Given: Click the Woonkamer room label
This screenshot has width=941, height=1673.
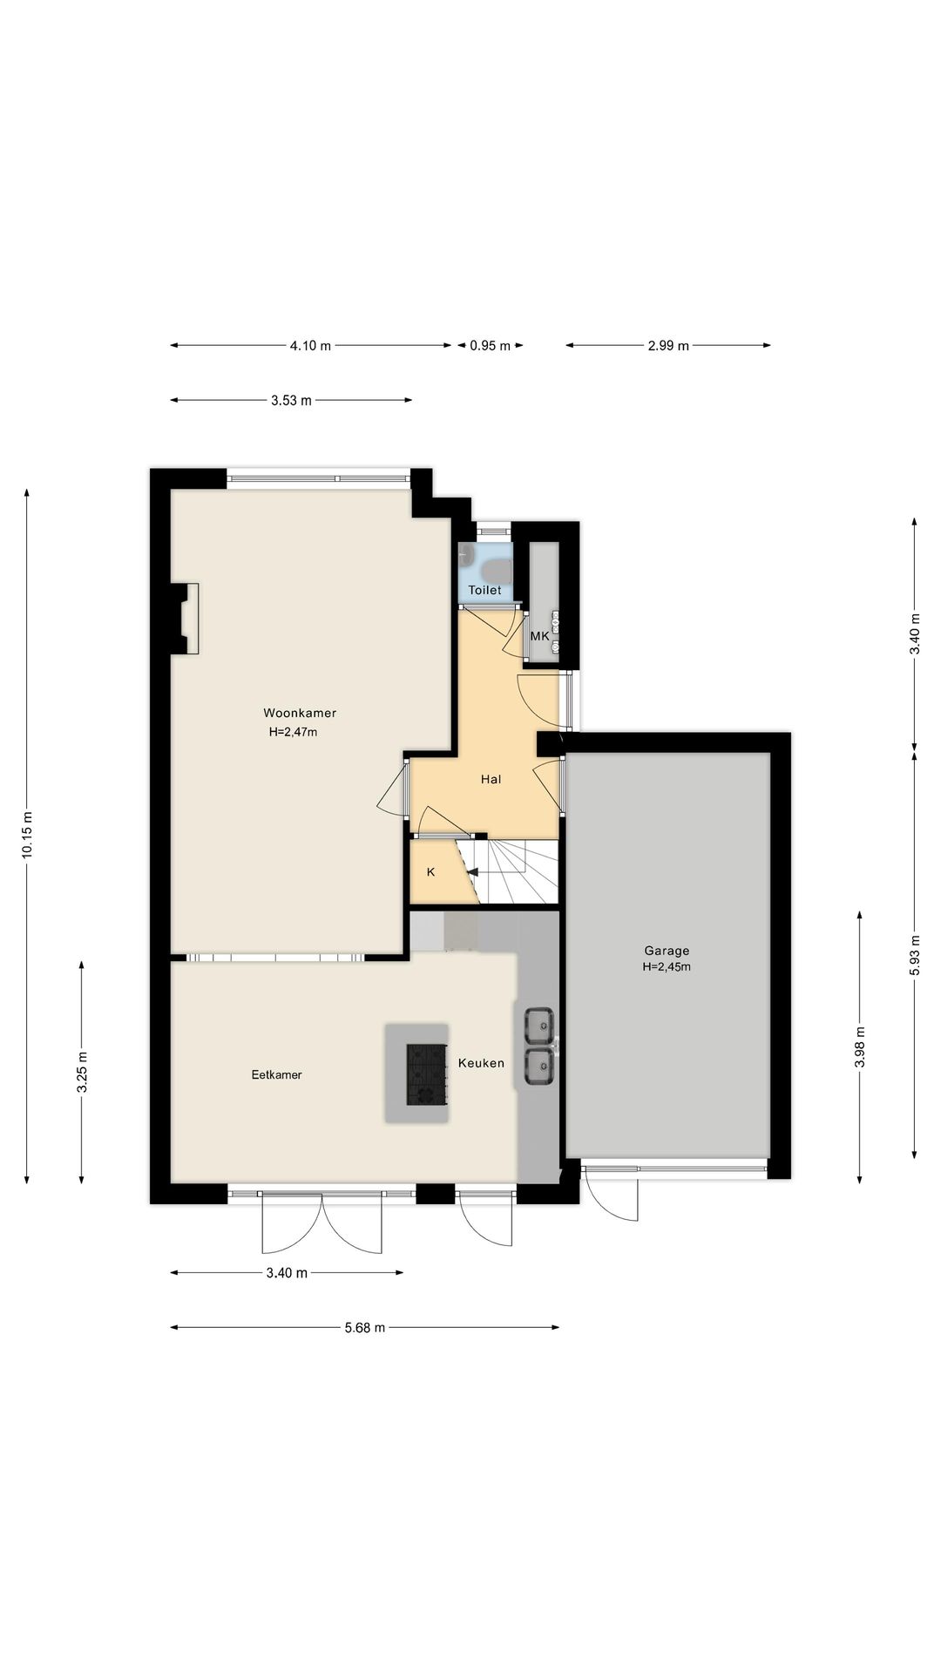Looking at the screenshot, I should (x=300, y=713).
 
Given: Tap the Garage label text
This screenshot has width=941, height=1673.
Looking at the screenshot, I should (x=667, y=951).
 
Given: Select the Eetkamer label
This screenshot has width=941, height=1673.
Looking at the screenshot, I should (x=276, y=1074).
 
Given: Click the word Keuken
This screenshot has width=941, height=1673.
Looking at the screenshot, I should (x=481, y=1062).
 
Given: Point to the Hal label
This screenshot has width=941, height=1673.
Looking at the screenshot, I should (x=491, y=779).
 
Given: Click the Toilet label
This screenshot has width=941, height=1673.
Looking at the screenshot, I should (x=484, y=590).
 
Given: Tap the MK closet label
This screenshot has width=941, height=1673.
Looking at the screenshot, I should (x=539, y=636).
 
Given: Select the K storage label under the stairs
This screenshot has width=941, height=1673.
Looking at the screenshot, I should (x=430, y=871).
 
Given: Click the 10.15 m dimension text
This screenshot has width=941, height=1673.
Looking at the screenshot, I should (x=27, y=835).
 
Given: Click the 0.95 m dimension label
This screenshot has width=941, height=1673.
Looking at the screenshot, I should (x=490, y=345).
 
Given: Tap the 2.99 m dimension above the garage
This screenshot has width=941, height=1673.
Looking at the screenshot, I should (x=668, y=345).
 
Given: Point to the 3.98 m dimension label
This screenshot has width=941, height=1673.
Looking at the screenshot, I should (x=860, y=1046).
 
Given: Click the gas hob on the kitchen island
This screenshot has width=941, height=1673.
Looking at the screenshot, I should (x=427, y=1074).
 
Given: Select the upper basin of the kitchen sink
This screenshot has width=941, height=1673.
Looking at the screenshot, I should (x=539, y=1026).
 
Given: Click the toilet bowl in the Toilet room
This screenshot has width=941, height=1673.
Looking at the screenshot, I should (x=498, y=572).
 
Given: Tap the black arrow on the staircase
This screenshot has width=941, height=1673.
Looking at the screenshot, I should (x=472, y=870).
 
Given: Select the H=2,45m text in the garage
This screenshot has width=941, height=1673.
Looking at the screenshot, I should (x=667, y=966).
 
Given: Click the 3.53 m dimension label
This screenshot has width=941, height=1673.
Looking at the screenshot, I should (x=291, y=401).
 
